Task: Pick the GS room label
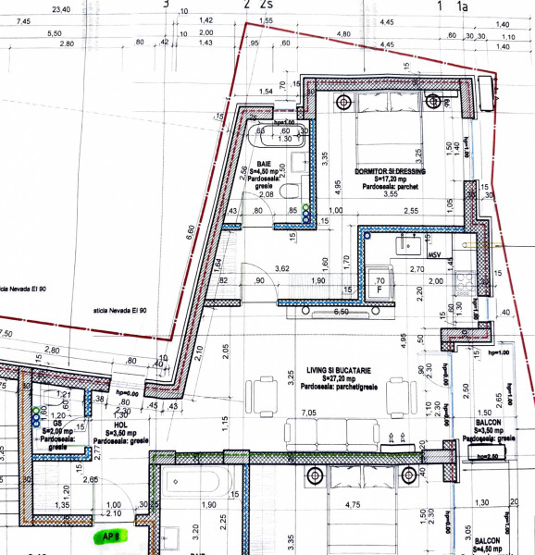tap(56, 423)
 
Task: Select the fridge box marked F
tap(379, 285)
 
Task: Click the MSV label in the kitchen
tap(434, 253)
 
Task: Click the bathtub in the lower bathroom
tap(198, 481)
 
